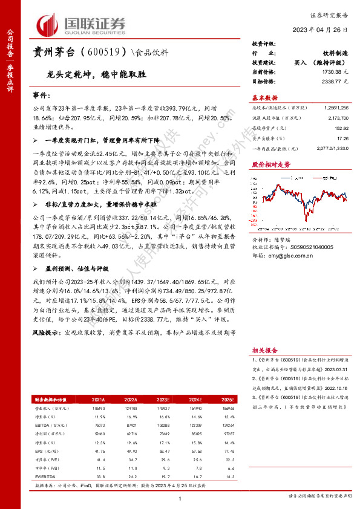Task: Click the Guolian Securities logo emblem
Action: tap(48, 24)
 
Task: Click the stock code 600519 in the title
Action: tap(105, 52)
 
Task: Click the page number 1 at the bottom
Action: tap(180, 498)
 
